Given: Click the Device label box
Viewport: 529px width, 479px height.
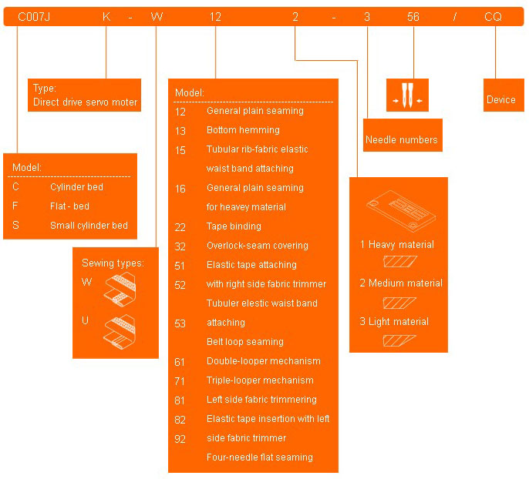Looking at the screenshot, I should [x=501, y=100].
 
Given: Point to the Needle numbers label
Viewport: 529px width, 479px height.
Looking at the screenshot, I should [x=401, y=140].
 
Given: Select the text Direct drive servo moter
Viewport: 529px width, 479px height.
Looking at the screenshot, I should [x=85, y=102].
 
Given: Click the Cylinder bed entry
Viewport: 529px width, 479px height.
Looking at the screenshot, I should [x=76, y=187].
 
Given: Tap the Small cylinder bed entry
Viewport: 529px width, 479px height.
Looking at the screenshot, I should [x=89, y=226].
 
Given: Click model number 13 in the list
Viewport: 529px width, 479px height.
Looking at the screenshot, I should [x=180, y=130].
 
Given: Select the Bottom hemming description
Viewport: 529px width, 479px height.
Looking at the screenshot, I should [x=243, y=130].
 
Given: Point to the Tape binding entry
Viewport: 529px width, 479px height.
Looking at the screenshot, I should [x=234, y=226].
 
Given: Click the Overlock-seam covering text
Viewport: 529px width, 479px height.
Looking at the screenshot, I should [x=257, y=246].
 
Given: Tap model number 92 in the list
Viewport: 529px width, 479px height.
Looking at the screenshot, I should [x=180, y=438].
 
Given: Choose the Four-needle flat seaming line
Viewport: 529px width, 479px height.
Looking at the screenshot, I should [x=259, y=457].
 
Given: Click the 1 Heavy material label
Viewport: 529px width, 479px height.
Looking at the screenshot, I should [x=397, y=245].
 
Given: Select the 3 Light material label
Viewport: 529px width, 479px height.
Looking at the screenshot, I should [x=394, y=322].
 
